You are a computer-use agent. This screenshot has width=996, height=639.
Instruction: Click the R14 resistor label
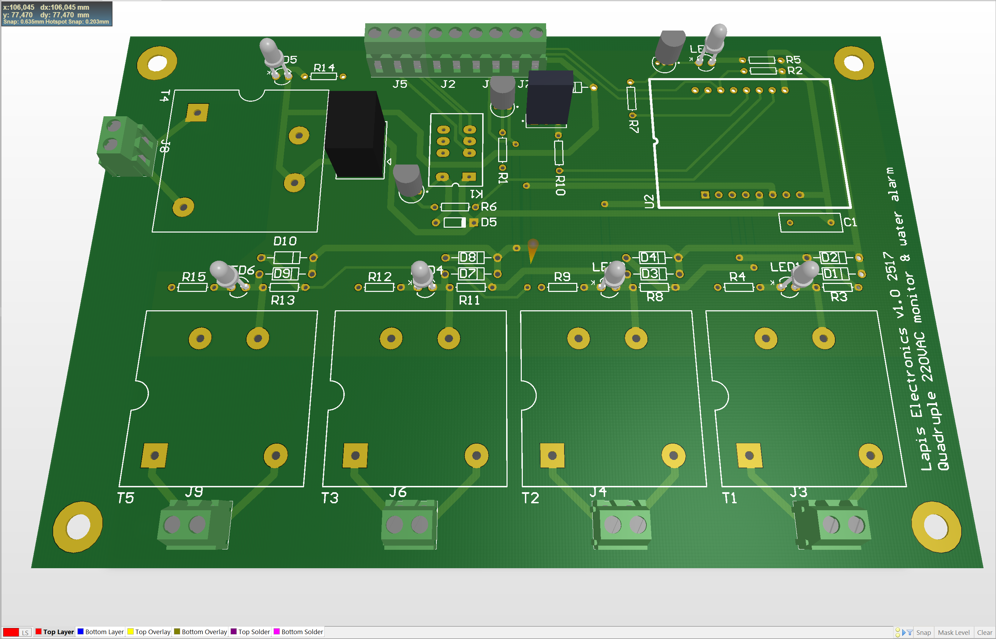point(324,67)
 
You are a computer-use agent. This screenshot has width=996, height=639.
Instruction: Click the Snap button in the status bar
point(923,632)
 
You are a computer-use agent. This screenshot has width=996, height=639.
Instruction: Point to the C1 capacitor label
point(850,222)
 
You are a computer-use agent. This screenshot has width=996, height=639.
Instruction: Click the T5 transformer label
point(125,497)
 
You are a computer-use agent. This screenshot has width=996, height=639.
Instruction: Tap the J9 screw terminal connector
point(194,525)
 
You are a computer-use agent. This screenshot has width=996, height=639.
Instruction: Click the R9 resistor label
point(562,276)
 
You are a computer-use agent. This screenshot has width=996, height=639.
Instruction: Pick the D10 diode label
point(285,241)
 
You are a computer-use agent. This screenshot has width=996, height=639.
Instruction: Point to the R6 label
point(488,207)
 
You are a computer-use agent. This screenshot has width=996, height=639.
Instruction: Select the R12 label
point(380,276)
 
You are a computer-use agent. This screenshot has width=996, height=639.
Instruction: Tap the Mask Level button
point(953,632)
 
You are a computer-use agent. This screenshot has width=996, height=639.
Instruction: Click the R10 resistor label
point(560,185)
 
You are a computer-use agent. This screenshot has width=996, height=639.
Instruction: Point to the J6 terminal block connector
point(409,525)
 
